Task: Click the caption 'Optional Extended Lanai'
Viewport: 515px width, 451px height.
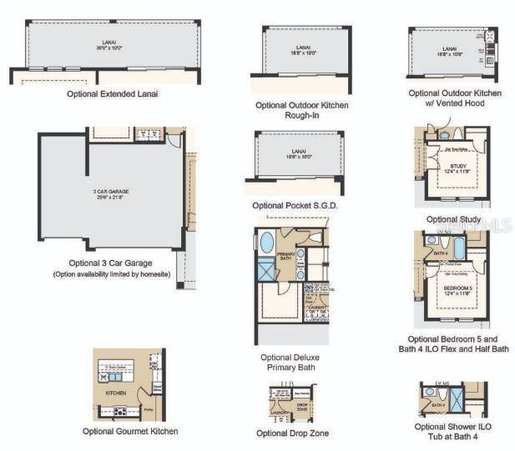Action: click(113, 94)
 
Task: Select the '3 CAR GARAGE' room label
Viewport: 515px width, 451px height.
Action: click(110, 192)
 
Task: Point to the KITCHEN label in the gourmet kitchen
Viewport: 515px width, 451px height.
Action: click(115, 392)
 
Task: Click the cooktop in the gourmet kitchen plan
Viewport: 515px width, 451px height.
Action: click(119, 410)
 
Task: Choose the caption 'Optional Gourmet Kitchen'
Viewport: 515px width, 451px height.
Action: click(130, 431)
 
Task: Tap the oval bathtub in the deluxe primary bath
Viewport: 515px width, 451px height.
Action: click(266, 243)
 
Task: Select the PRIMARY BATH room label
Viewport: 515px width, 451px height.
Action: click(286, 257)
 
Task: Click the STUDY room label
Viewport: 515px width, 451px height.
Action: click(458, 167)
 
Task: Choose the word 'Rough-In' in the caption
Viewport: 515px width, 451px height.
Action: click(302, 116)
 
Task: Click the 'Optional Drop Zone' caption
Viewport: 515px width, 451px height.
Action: click(292, 433)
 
